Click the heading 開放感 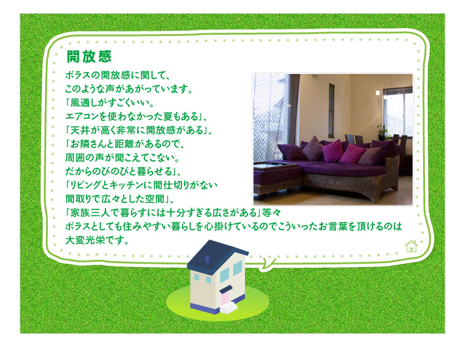(89, 56)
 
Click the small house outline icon (411, 246)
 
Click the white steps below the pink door (229, 308)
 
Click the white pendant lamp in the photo (377, 93)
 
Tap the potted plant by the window (382, 132)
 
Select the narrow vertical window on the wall (331, 111)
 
